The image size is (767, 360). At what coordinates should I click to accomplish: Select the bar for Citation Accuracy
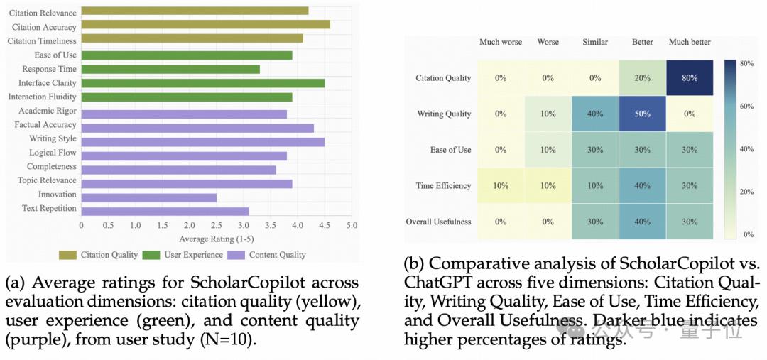click(x=205, y=25)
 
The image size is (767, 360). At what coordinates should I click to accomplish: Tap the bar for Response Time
click(x=170, y=69)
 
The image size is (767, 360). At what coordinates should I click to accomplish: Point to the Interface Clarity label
click(x=47, y=83)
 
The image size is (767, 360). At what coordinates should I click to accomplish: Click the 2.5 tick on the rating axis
click(x=217, y=225)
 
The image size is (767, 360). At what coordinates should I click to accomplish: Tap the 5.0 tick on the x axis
click(x=352, y=225)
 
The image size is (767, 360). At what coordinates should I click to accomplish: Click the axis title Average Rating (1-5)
click(x=217, y=239)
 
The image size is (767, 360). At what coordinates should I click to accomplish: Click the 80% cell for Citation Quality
click(x=690, y=78)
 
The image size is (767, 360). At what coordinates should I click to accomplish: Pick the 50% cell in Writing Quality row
click(x=643, y=114)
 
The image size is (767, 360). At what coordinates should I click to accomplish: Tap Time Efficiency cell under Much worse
click(x=500, y=186)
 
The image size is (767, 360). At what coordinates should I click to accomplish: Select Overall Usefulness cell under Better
click(x=643, y=222)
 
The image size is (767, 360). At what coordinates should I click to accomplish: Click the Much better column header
click(x=690, y=42)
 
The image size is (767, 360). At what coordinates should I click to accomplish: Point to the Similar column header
click(x=595, y=42)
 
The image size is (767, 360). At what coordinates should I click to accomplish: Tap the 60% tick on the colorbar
click(x=746, y=107)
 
